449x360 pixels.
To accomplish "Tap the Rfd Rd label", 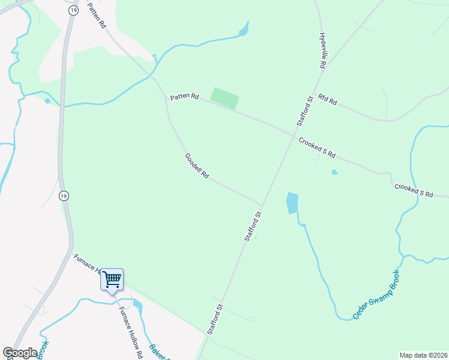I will point(328,100).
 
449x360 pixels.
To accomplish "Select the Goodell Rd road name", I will point(196,166).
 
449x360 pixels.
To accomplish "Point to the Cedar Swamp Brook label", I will point(376,294).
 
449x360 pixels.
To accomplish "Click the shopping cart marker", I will point(112,280).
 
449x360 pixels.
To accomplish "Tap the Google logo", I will point(20,352).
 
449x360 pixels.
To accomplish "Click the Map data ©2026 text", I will point(423,355).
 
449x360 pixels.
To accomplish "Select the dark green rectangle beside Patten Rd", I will point(224,98).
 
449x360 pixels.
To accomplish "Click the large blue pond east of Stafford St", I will point(292,203).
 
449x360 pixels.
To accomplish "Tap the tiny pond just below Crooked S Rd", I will point(334,172).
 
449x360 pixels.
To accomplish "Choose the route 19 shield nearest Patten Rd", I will point(73,10).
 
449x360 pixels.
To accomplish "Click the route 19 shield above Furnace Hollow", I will point(64,196).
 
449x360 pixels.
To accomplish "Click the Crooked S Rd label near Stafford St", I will point(316,147).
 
